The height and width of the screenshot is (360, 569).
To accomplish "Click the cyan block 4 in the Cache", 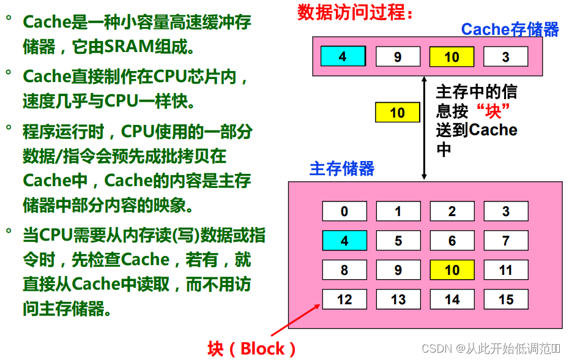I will coord(343,56).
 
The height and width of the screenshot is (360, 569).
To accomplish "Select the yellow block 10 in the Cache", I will coord(452,57).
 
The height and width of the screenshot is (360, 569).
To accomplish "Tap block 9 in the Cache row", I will coord(398,57).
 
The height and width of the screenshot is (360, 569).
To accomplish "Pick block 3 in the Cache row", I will coord(505,57).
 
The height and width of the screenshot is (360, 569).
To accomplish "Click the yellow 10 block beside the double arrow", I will coord(397,113).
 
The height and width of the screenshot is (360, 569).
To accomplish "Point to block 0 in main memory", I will coord(344,211).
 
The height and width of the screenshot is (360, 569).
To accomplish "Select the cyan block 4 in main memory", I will coord(344,241).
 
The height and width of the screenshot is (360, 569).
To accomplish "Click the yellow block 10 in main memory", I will coord(452,270).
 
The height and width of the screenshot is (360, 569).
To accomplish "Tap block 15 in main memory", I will coord(505,299).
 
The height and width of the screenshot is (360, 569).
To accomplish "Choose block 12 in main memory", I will coord(344,299).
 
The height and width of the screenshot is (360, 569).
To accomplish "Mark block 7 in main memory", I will coord(505,241).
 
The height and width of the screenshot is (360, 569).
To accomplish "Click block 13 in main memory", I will coord(398,299).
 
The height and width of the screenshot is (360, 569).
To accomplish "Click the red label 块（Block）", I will coord(251,349).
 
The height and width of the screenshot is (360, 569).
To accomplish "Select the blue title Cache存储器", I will coord(510,29).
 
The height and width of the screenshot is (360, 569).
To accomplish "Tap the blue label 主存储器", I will coord(342,168).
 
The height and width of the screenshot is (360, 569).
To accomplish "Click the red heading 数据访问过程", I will coord(355,12).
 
